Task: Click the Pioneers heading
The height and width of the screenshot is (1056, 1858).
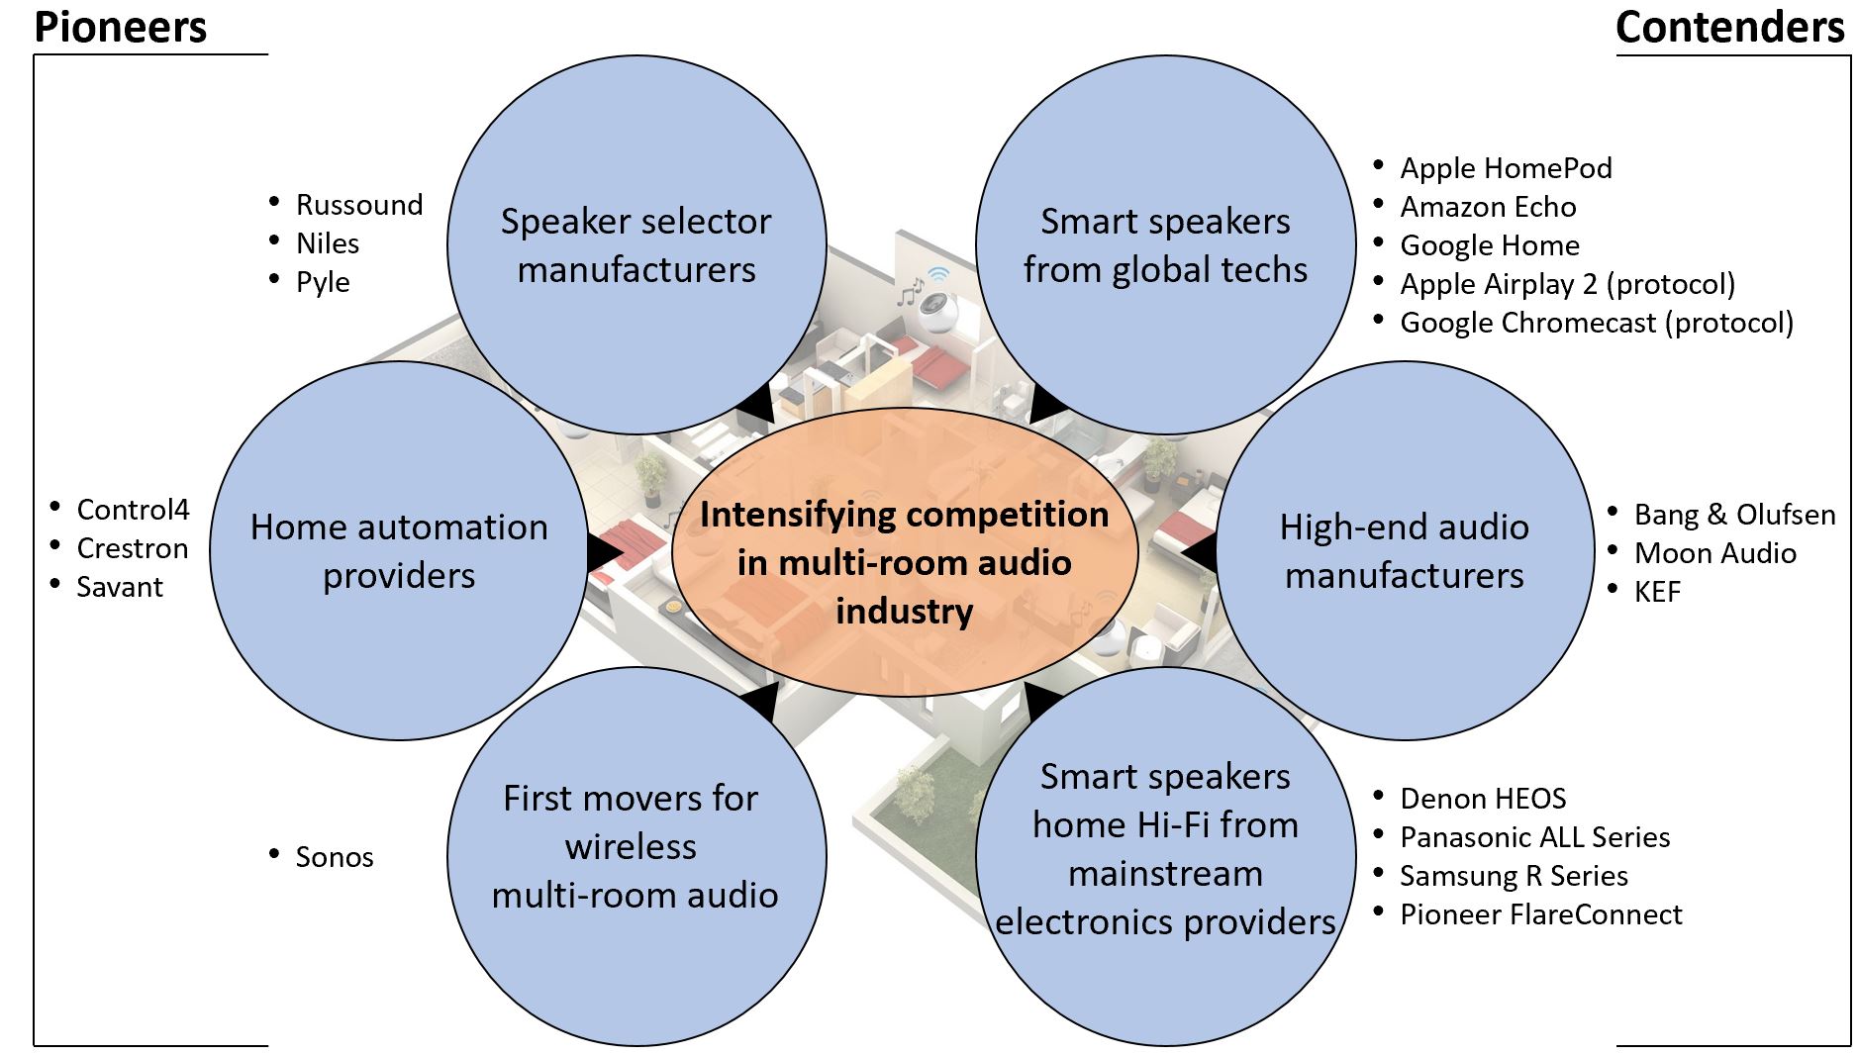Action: coord(121,27)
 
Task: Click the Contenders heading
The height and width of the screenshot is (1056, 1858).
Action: coord(1730,27)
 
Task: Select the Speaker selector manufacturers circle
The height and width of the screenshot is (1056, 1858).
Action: coord(636,244)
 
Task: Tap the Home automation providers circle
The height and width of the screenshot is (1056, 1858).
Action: coord(399,550)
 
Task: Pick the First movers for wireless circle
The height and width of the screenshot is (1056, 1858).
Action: coord(636,856)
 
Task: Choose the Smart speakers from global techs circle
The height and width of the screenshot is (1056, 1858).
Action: coord(1165,244)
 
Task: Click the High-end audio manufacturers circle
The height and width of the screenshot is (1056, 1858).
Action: coord(1405,550)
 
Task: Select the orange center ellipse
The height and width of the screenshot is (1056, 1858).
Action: coord(905,551)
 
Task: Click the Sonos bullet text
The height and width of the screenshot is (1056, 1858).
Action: coord(334,857)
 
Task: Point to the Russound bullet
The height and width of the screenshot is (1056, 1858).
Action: coord(358,205)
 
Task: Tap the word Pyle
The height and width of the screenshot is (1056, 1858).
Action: coord(323,282)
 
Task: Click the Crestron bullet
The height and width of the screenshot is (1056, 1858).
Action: coord(132,548)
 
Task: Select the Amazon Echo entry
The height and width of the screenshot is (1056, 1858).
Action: coord(1488,207)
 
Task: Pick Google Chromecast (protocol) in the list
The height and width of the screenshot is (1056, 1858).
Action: coord(1597,323)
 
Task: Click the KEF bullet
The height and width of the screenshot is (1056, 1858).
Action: coord(1657,592)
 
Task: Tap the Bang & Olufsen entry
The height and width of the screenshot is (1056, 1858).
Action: coord(1734,515)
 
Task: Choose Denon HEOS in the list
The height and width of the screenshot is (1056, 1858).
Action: coord(1483,799)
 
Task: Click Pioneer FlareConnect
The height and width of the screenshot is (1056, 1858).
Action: coord(1540,914)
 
